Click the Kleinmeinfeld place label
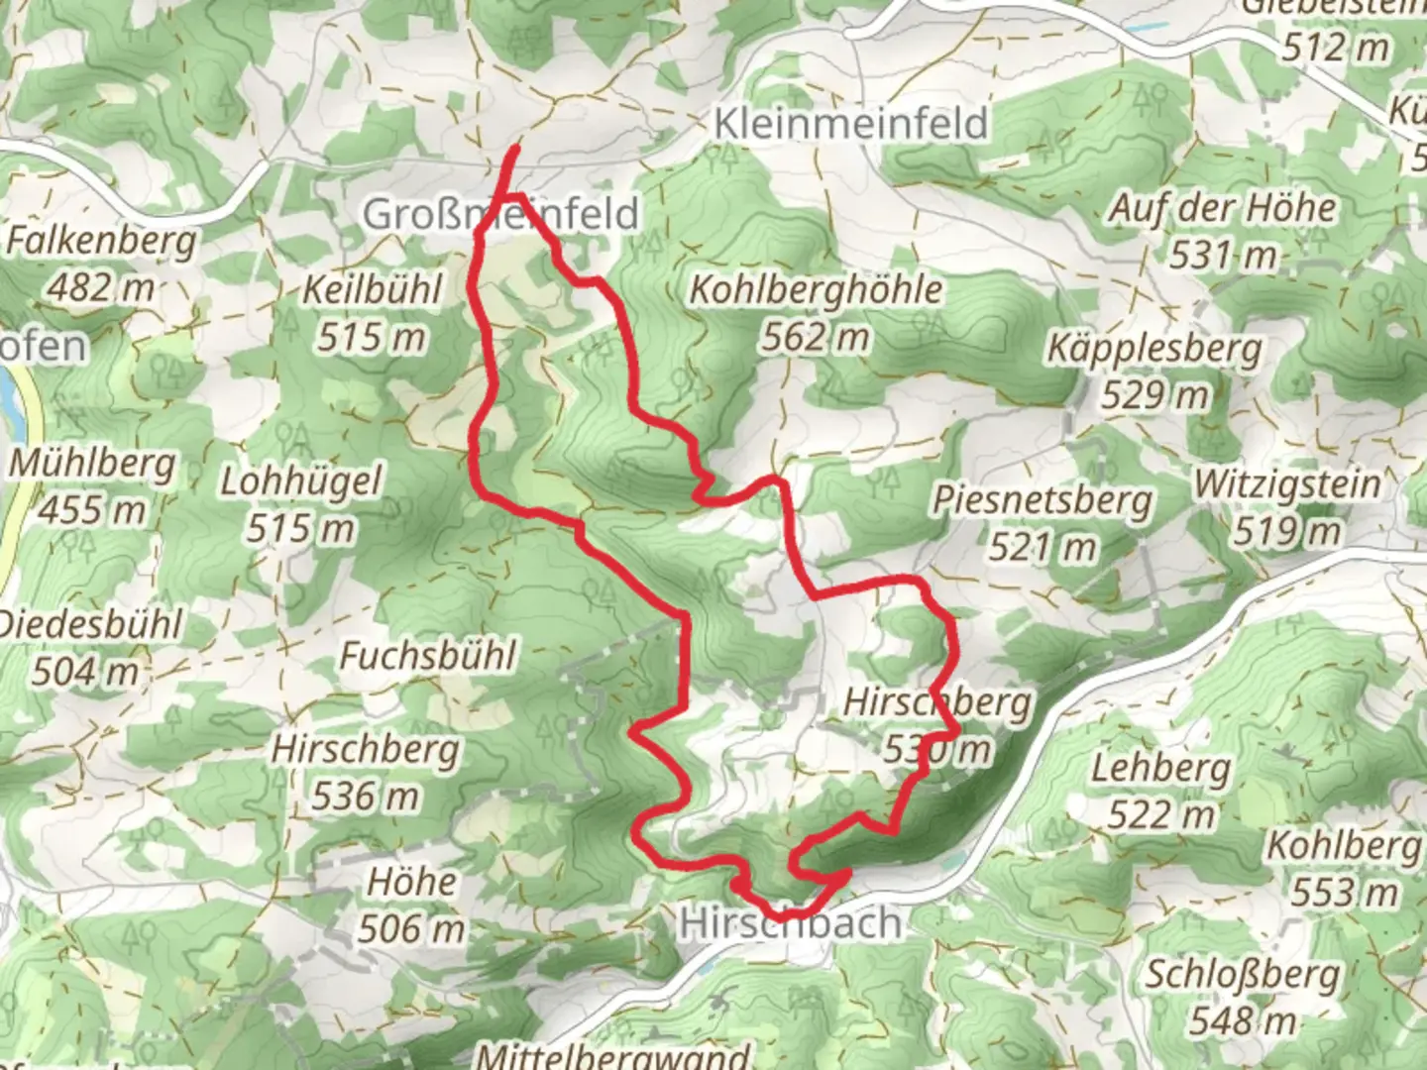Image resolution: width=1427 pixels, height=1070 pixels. coord(850,124)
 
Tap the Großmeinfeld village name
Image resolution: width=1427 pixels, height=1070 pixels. coord(500,214)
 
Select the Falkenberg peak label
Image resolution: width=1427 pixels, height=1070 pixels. coord(101,241)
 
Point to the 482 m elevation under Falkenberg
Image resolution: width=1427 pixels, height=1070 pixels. coord(101,287)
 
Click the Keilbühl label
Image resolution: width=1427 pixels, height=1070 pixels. coord(372,290)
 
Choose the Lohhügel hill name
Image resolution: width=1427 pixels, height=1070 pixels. coord(300,482)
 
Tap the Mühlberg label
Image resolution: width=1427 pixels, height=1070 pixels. coord(93,464)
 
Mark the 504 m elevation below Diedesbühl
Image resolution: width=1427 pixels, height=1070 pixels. coord(85,672)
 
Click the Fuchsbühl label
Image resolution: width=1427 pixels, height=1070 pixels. coord(428,655)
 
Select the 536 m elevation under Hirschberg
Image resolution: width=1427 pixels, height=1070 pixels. coord(366,795)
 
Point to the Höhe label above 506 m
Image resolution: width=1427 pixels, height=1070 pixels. coord(412,882)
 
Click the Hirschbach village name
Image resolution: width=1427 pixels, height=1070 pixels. coord(790,923)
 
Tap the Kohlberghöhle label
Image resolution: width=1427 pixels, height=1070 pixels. coord(815,290)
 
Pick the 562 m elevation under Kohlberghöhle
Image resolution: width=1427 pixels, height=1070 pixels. coord(815,338)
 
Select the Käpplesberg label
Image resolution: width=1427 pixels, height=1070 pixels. coord(1154,349)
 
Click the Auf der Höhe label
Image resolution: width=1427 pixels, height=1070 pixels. coord(1222,209)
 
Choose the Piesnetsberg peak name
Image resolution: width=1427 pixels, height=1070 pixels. coord(1042,499)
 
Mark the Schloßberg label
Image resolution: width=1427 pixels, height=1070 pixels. coord(1243,974)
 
